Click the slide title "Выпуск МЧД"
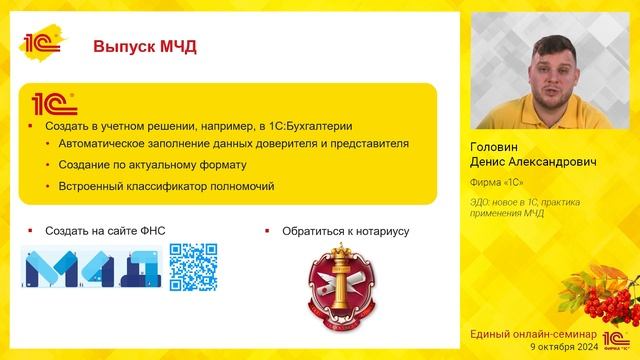[144, 46]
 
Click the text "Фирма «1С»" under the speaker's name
[497, 182]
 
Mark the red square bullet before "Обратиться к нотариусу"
[267, 231]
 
